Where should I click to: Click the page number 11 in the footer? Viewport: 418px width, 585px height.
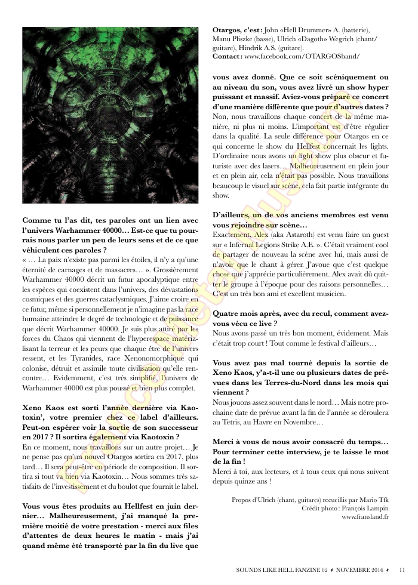tap(402, 570)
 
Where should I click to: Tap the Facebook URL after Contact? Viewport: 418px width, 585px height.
tap(302, 56)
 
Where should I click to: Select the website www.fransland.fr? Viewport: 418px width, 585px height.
tap(365, 517)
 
